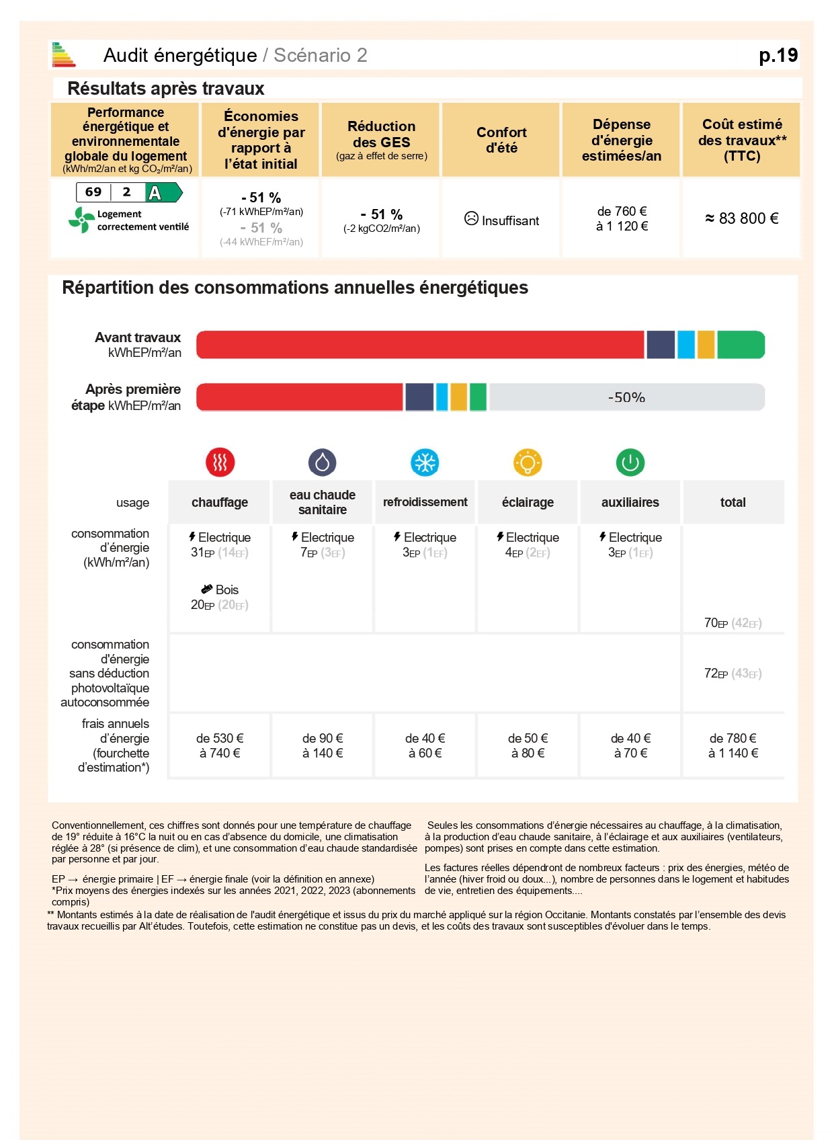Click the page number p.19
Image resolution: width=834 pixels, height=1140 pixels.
coord(778,55)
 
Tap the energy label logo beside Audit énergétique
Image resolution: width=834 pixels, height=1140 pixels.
coord(63,55)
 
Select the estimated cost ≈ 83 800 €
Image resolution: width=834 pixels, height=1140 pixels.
coord(741,218)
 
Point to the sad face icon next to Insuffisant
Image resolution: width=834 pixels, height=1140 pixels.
coord(471,219)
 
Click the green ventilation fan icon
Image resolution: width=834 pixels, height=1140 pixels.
coord(81,220)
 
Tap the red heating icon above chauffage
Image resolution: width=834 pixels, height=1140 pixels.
coord(220,462)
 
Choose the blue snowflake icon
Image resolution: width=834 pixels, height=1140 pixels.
coord(425,462)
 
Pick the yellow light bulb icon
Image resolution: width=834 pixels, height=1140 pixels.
coord(528,462)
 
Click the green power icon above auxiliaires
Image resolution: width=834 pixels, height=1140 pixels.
coord(630,462)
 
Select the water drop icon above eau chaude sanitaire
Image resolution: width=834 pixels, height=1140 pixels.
coord(323,462)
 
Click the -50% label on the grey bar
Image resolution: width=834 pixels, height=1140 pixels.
coord(626,397)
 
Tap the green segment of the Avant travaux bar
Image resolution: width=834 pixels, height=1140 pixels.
coord(741,345)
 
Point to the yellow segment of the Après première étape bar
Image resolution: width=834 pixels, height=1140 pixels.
coord(458,397)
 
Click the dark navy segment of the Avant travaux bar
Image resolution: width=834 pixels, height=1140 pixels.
coord(661,345)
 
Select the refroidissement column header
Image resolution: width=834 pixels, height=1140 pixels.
coord(425,502)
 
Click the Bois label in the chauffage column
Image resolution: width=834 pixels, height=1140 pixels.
coord(226,589)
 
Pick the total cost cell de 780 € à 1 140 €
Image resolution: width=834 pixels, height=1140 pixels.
coord(733,745)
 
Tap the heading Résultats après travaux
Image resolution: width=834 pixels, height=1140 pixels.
coord(166,89)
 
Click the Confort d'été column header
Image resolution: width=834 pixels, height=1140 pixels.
coord(501,140)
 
